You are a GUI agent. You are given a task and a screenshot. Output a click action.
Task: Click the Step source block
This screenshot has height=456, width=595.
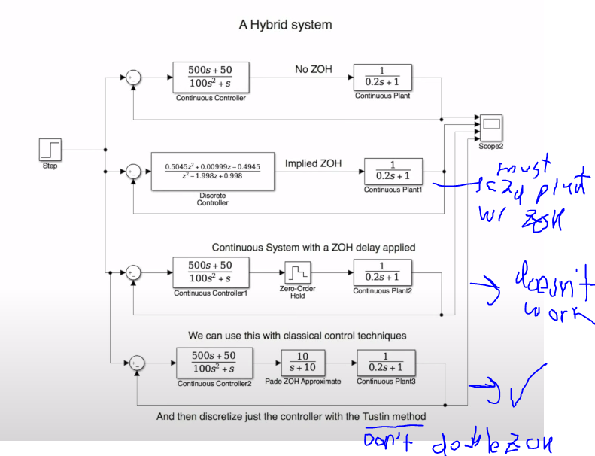click(x=50, y=150)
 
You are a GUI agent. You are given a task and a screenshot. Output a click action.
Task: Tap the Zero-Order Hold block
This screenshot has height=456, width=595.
click(x=297, y=271)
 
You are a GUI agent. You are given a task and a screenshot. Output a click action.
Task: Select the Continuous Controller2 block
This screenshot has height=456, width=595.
click(x=213, y=361)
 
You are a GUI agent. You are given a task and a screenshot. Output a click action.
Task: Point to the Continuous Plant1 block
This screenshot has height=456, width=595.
click(x=393, y=171)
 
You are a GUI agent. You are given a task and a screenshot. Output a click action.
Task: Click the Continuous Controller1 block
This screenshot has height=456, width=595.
click(x=210, y=272)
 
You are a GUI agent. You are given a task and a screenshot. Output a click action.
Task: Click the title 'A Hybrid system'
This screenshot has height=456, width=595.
click(x=285, y=25)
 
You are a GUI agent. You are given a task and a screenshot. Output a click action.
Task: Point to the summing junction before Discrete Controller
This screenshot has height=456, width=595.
click(x=133, y=172)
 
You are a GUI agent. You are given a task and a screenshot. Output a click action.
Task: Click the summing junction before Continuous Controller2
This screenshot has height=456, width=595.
click(x=137, y=363)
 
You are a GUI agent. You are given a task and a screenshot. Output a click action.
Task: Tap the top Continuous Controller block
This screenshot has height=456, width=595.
click(x=211, y=77)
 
